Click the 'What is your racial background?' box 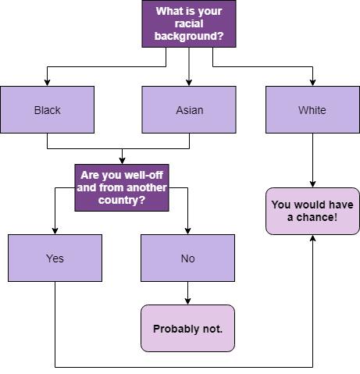click(x=189, y=23)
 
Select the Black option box click(x=48, y=110)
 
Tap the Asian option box click(x=189, y=110)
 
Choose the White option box click(x=312, y=110)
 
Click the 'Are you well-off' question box click(x=122, y=187)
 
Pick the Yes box click(x=55, y=258)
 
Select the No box click(x=187, y=258)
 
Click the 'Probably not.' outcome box click(x=187, y=328)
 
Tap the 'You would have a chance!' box click(x=312, y=211)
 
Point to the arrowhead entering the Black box click(x=47, y=83)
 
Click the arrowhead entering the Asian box click(x=189, y=83)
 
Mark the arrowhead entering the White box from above click(x=312, y=83)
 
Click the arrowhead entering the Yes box click(x=55, y=231)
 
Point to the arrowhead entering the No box click(x=187, y=231)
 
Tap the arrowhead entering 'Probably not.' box click(x=187, y=301)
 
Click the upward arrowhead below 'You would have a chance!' click(x=312, y=238)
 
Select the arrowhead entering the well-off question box click(x=122, y=161)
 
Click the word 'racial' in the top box click(x=189, y=23)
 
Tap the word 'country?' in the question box click(x=122, y=200)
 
